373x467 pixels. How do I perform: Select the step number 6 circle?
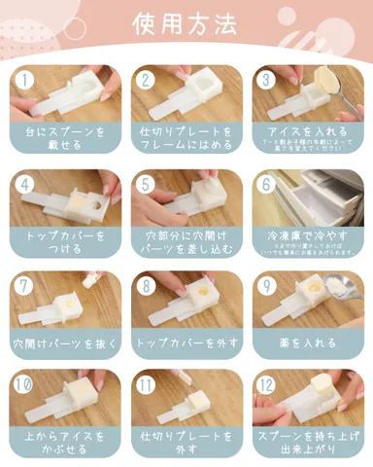265,184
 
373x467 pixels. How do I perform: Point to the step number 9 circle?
265,284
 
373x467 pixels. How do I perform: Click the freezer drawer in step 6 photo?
311,199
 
